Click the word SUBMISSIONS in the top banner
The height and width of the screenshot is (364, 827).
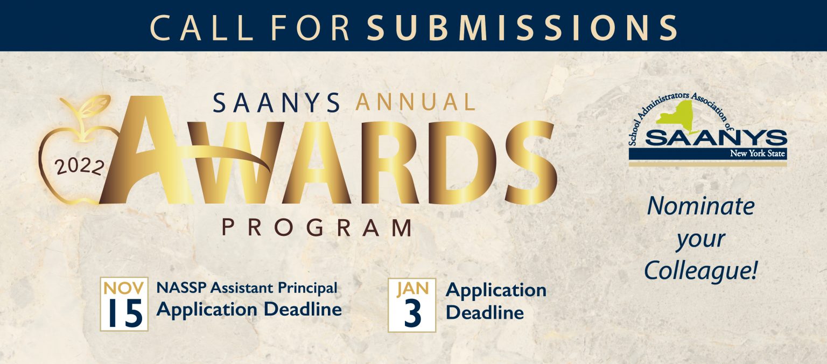pyautogui.click(x=522, y=27)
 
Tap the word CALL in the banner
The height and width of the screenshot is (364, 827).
pyautogui.click(x=202, y=27)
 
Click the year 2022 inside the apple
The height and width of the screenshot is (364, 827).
pyautogui.click(x=80, y=167)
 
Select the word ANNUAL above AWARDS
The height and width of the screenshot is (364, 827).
pyautogui.click(x=415, y=102)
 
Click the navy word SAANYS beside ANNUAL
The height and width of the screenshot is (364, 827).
pyautogui.click(x=276, y=103)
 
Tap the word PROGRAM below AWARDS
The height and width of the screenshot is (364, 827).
pyautogui.click(x=317, y=228)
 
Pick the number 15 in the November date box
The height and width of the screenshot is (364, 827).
pyautogui.click(x=124, y=313)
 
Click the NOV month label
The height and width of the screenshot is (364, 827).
pyautogui.click(x=124, y=288)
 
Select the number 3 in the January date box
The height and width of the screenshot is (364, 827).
pyautogui.click(x=412, y=314)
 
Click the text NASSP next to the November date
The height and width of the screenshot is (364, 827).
pyautogui.click(x=181, y=288)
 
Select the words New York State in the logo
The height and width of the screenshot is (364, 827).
pyautogui.click(x=757, y=153)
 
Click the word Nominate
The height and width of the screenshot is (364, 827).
pyautogui.click(x=700, y=206)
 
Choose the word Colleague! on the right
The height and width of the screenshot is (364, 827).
pyautogui.click(x=700, y=271)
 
